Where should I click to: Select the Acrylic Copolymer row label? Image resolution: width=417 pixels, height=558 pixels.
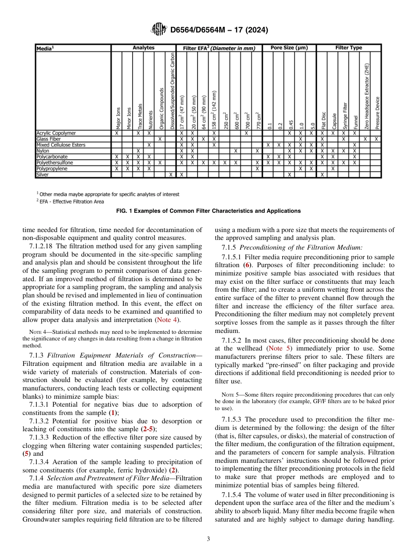pyautogui.click(x=56, y=133)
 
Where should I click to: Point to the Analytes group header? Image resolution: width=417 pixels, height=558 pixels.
pyautogui.click(x=144, y=47)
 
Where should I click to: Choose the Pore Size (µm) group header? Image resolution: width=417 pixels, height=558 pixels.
pyautogui.click(x=289, y=47)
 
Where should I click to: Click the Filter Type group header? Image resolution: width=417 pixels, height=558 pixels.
pyautogui.click(x=349, y=47)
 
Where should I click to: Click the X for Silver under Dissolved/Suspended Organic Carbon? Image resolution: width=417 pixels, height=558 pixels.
pyautogui.click(x=171, y=174)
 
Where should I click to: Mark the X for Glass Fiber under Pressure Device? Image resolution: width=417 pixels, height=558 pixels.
pyautogui.click(x=376, y=139)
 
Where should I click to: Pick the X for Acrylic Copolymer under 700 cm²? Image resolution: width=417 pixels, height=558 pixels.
pyautogui.click(x=247, y=133)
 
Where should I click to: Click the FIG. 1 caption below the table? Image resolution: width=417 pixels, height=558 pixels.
pyautogui.click(x=208, y=211)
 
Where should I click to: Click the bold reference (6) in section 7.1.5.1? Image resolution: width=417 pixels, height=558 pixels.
pyautogui.click(x=247, y=265)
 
